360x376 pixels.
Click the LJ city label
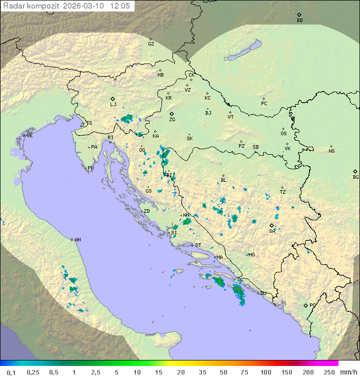(x=113, y=105)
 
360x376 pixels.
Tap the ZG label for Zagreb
(x=172, y=120)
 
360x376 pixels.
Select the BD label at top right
(x=299, y=21)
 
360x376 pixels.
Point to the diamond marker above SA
(x=272, y=225)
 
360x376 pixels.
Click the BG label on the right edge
(x=355, y=177)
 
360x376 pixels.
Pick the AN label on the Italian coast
(x=77, y=240)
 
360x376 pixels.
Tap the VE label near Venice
(x=29, y=136)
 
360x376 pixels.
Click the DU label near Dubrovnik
(x=262, y=293)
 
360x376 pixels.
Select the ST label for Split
(x=198, y=245)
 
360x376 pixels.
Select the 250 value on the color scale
(x=328, y=372)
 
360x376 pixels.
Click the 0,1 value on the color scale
(x=11, y=372)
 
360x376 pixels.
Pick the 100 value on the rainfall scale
(x=265, y=372)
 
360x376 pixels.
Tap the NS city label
(x=331, y=151)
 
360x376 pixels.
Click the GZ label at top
(x=151, y=44)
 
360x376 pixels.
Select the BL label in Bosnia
(x=223, y=180)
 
